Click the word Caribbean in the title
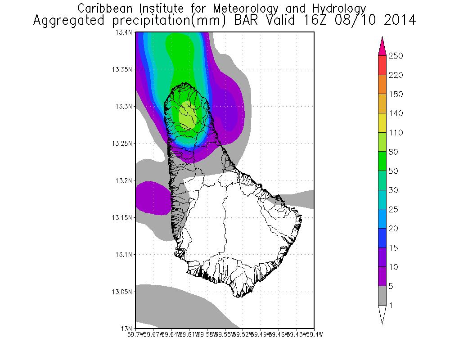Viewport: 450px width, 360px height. [103, 8]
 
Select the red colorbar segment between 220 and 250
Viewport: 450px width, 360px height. [382, 65]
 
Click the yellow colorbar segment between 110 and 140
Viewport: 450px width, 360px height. [382, 123]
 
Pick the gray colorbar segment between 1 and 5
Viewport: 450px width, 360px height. [382, 296]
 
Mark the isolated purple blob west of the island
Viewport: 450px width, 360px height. [152, 197]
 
